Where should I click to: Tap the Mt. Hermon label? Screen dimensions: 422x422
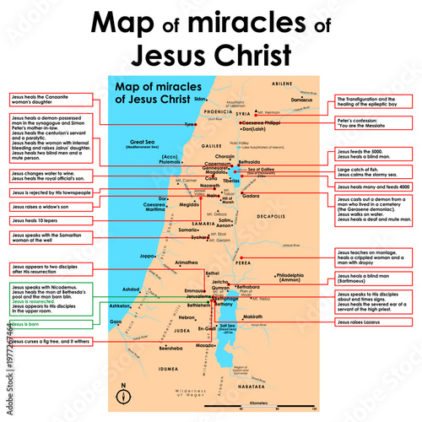point(272,112)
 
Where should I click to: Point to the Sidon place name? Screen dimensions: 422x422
point(199,100)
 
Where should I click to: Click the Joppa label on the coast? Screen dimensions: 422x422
point(149,255)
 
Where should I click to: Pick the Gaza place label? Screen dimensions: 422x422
point(116,322)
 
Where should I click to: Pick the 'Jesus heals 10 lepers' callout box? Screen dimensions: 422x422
point(39,219)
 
